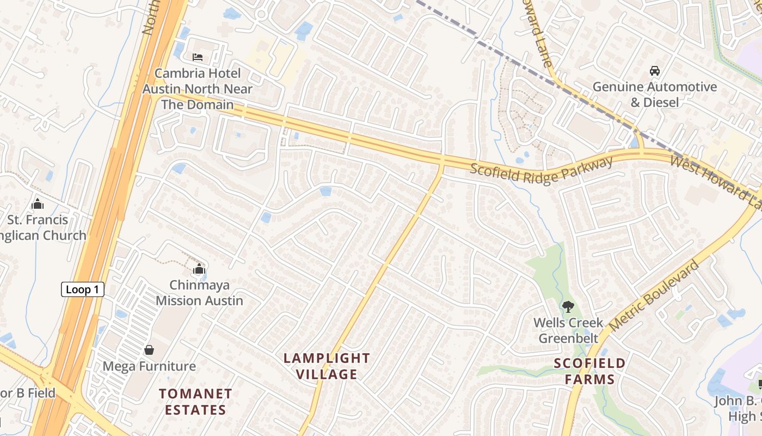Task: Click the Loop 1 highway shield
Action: click(82, 289)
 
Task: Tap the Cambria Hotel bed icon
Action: click(198, 57)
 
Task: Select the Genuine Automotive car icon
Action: click(654, 71)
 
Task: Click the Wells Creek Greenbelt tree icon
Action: click(568, 307)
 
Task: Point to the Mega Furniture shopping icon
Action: click(149, 350)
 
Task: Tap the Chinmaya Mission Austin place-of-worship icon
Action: click(199, 269)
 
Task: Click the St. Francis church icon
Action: click(38, 204)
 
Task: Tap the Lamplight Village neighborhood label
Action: click(327, 366)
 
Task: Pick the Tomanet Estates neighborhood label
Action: click(195, 402)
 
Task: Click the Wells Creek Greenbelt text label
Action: click(568, 330)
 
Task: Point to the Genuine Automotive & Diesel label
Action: click(654, 94)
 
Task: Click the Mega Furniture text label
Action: click(149, 366)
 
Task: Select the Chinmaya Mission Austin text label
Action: click(199, 293)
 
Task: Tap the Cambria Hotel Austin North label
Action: click(198, 89)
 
